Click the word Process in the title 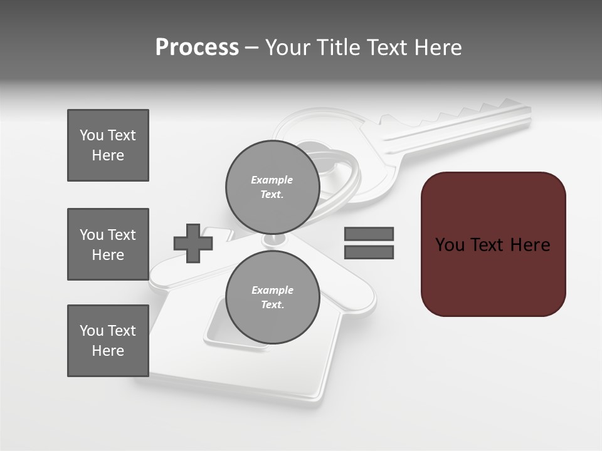pos(197,48)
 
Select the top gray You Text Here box pos(108,145)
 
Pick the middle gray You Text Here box pos(108,244)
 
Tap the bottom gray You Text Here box pos(108,341)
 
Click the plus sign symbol pos(193,243)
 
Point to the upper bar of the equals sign pos(369,234)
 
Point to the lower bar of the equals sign pos(369,252)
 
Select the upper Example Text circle pos(272,187)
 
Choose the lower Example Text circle pos(272,297)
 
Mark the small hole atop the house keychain pos(273,239)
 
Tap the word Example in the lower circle pos(272,290)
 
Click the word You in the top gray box pos(92,135)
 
